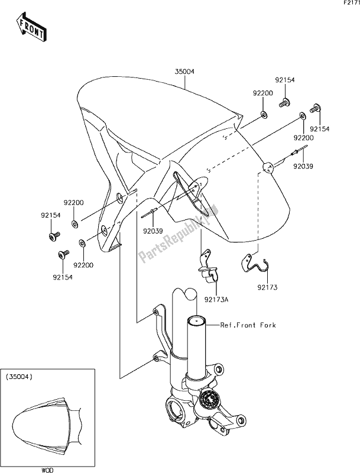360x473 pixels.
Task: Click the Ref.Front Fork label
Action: pyautogui.click(x=248, y=325)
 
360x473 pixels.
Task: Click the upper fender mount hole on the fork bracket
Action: pyautogui.click(x=155, y=311)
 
